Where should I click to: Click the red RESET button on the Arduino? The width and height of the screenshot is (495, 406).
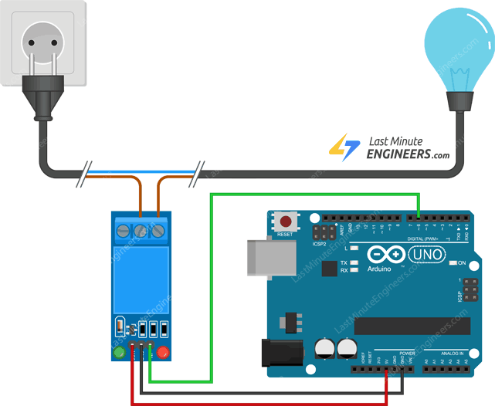(x=286, y=222)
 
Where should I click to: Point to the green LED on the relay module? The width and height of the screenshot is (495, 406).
(x=119, y=354)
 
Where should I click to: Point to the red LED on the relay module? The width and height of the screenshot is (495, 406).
(x=163, y=354)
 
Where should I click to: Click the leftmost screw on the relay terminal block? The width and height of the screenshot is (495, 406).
(x=123, y=230)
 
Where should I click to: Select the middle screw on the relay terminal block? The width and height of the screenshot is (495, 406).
(x=141, y=230)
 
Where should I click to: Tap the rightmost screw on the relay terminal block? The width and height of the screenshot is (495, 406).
(x=158, y=230)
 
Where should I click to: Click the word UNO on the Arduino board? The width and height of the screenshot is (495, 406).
(x=424, y=254)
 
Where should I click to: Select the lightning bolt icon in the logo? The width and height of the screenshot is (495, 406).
(x=343, y=147)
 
